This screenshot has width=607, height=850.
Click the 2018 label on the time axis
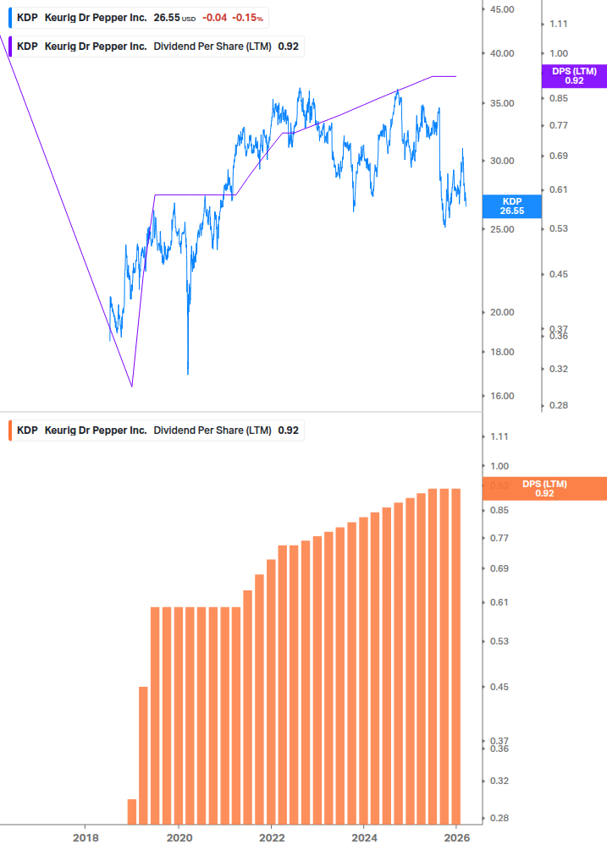pos(86,837)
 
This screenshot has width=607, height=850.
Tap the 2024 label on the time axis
pos(363,837)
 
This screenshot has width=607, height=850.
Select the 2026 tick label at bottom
pos(455,837)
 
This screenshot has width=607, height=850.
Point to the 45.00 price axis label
pos(502,9)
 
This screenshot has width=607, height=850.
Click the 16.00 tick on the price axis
pos(502,396)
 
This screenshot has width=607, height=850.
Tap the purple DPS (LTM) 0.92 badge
pos(573,76)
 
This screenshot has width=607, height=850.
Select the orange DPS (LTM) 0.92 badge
pos(544,489)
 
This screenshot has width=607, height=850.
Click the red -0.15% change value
pos(247,18)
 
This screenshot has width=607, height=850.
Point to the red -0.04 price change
pos(214,18)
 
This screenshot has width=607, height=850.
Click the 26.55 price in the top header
pos(167,18)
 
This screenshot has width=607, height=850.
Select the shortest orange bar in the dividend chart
pos(131,811)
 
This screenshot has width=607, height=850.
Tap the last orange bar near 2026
pos(455,656)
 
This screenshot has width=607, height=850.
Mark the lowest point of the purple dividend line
pos(132,387)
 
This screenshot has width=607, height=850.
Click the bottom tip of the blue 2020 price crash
pos(187,373)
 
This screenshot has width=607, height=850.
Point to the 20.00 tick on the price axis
pos(502,312)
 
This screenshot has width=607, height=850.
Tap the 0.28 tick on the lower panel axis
pos(500,818)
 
